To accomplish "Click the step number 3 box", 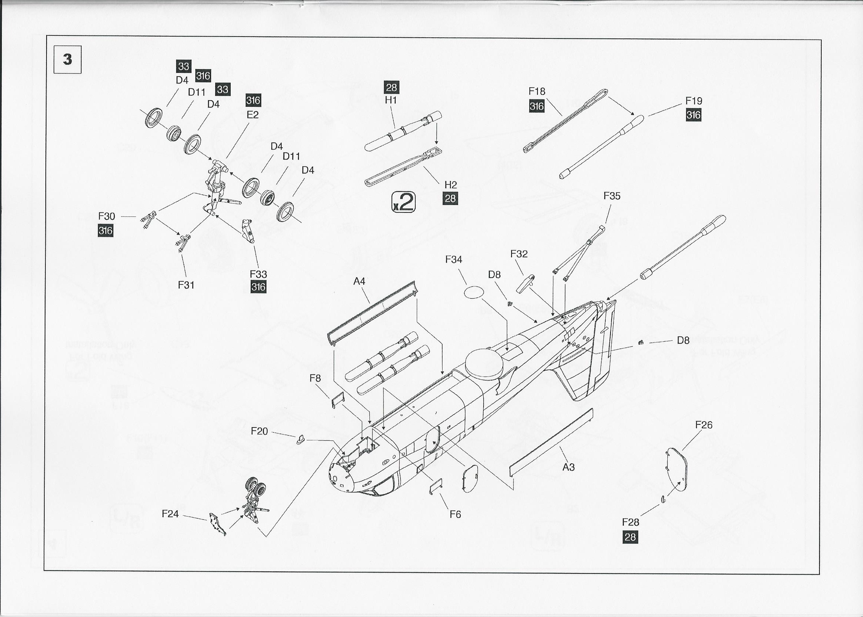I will pos(68,59).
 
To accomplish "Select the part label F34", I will pos(454,259).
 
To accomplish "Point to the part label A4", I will pos(359,281).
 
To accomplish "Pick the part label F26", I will pos(704,425).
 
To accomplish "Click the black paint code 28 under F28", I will pos(630,537).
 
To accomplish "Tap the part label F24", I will pos(170,514).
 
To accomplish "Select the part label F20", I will pos(259,431).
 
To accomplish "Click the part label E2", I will pos(253,115).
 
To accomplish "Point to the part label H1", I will pos(391,100).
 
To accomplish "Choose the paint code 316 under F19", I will pos(693,115).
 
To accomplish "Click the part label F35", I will pos(612,196).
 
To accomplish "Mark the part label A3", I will pos(568,467).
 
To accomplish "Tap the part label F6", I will pos(455,514).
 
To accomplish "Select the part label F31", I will pos(186,285).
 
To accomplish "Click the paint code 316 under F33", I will pos(258,286).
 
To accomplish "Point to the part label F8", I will pos(315,378).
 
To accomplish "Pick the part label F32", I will pos(519,254).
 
